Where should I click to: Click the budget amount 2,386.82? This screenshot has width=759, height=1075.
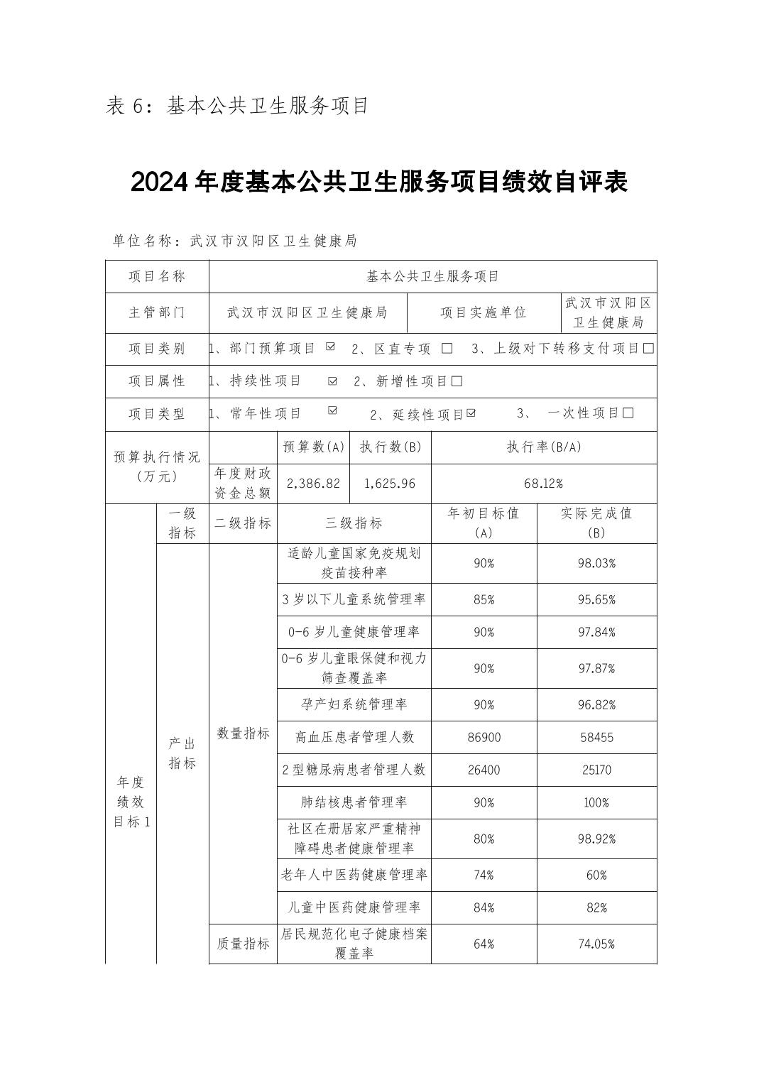(313, 484)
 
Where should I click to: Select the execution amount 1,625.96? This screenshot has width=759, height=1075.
(390, 484)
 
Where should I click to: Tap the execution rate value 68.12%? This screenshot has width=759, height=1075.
(543, 484)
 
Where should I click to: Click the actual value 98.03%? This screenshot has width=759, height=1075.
(596, 563)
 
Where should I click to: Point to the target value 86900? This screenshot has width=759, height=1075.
(484, 738)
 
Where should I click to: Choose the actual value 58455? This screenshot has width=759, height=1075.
(596, 738)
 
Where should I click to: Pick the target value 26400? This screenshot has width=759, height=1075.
(484, 770)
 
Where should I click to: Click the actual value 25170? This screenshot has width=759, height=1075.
(596, 770)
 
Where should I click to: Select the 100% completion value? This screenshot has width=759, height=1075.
(596, 803)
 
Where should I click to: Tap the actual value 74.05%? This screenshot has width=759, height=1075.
(596, 944)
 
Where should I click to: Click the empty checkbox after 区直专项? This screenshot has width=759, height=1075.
(447, 349)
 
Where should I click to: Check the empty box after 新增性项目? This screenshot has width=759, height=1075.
(457, 381)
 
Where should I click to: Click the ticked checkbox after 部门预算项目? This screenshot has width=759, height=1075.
(330, 347)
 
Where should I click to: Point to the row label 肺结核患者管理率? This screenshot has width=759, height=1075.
(354, 803)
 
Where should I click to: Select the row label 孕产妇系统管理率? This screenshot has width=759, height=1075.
(354, 705)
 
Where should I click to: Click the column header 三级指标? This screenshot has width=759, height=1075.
(354, 523)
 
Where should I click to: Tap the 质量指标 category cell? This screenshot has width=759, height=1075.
(243, 944)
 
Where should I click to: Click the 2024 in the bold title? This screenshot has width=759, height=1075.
(159, 182)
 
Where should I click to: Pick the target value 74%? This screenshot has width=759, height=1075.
(484, 875)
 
